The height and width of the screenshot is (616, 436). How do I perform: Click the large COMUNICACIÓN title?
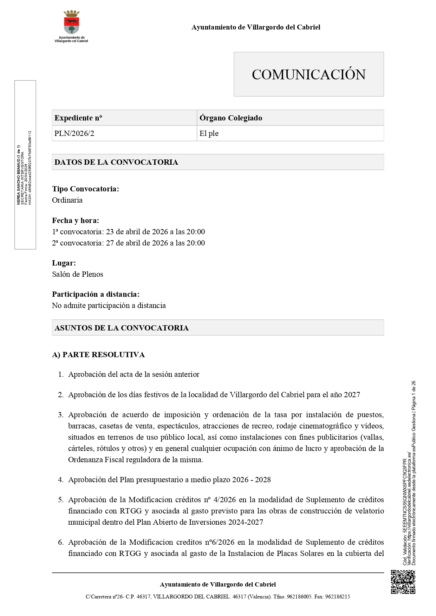coord(308,74)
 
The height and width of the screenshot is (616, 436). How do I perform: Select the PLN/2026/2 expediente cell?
coord(74,133)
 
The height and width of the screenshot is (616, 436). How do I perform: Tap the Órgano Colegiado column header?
coord(231,118)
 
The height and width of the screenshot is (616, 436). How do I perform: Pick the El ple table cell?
coord(209,133)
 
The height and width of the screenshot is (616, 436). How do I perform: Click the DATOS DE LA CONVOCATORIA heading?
coord(116,162)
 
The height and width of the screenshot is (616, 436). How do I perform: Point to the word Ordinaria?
coord(67,200)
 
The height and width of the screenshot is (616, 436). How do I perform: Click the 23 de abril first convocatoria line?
coord(128,232)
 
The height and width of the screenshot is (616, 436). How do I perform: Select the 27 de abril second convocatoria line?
coord(128,243)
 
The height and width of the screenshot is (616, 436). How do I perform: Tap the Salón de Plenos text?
coord(78,274)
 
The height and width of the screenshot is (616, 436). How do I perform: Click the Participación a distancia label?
coord(96,294)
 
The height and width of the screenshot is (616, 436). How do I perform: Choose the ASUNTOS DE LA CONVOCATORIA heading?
coord(122,328)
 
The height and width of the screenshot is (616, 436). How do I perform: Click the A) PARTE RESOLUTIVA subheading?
coord(98,355)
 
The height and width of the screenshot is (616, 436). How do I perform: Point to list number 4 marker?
coord(60,480)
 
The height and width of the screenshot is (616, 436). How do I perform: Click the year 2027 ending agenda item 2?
coord(352,395)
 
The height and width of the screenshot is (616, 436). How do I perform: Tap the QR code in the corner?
coord(403,582)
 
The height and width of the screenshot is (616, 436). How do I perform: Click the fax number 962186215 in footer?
coord(338,597)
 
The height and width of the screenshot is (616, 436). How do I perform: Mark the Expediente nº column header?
coord(78,118)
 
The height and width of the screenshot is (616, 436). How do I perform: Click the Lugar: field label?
coord(64,263)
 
